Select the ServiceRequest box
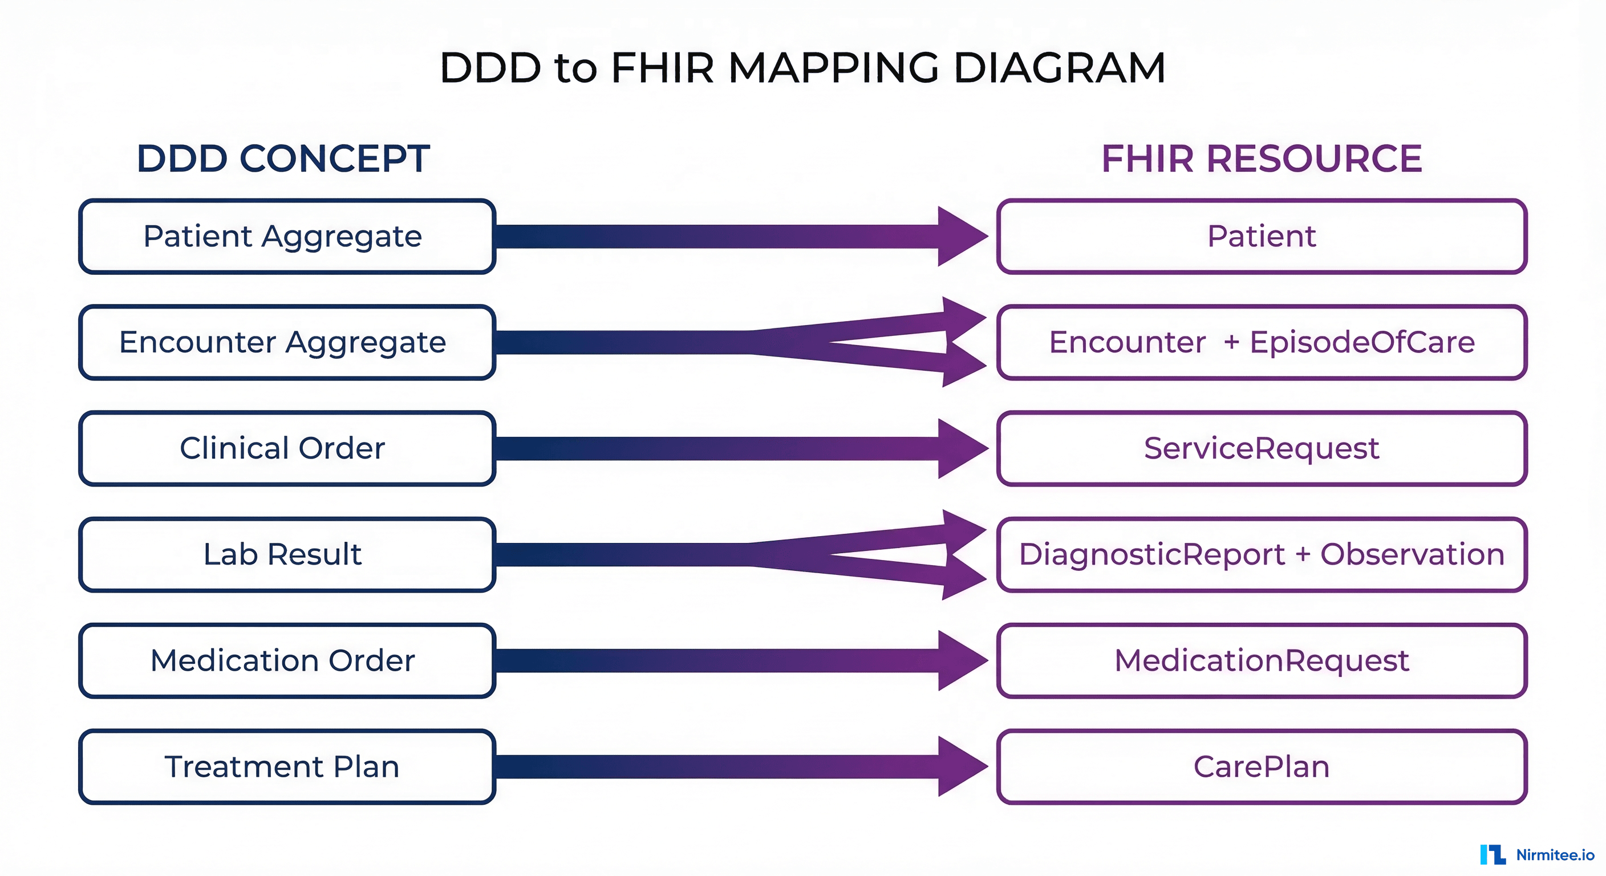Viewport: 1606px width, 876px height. point(1261,448)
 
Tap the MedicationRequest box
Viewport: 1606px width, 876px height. point(1261,660)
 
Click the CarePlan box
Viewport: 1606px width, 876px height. point(1261,766)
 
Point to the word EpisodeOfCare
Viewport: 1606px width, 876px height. point(1362,342)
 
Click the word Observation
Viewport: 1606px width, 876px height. point(1412,554)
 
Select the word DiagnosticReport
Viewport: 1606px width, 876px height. point(1151,554)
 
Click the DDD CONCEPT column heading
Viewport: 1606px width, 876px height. point(283,159)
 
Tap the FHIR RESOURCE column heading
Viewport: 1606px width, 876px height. point(1261,159)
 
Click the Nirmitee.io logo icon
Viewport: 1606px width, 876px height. point(1493,854)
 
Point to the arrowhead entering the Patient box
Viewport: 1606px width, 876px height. point(960,236)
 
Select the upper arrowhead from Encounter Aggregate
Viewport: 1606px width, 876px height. point(963,318)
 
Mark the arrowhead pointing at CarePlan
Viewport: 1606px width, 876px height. point(960,766)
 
